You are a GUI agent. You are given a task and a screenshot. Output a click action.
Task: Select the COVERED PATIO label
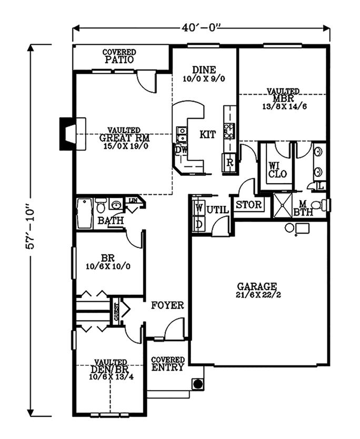point(118,56)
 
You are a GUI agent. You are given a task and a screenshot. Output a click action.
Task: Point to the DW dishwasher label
point(181,149)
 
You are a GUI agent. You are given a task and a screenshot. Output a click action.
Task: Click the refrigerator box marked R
point(229,162)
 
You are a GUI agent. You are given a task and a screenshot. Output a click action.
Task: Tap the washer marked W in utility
point(198,208)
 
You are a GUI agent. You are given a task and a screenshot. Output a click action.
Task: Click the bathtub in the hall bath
point(85,213)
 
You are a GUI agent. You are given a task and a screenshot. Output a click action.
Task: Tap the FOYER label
point(167,305)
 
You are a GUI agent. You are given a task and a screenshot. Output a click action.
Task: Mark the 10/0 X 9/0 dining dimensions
point(204,79)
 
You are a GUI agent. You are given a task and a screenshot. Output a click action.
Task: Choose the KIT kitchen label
point(207,134)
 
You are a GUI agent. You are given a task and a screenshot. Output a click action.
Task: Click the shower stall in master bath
point(283,205)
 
